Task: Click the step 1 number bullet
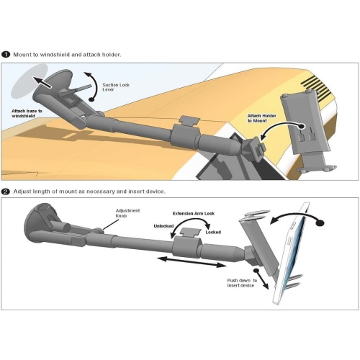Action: click(6, 55)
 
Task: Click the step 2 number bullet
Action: click(6, 192)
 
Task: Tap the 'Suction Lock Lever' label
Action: click(116, 87)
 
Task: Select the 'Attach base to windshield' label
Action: click(27, 114)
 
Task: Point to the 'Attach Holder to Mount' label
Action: click(261, 118)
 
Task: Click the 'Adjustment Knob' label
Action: click(127, 213)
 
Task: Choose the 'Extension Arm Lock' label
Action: click(194, 213)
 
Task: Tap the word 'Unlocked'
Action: click(163, 226)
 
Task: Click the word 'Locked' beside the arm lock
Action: click(213, 232)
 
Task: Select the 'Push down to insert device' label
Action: click(242, 283)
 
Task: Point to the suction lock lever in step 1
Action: click(76, 90)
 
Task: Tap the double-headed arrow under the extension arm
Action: click(192, 261)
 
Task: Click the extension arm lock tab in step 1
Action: click(189, 120)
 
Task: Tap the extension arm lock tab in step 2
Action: click(191, 233)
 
